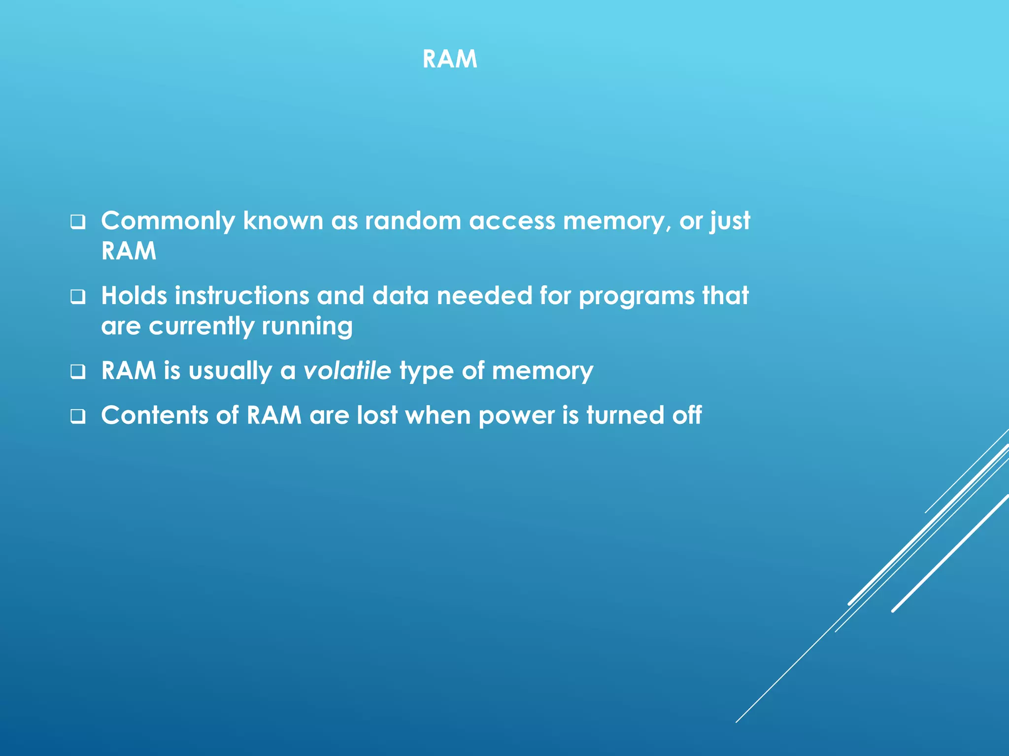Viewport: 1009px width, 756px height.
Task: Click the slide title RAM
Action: click(x=449, y=59)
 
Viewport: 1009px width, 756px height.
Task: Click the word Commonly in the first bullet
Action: click(x=168, y=221)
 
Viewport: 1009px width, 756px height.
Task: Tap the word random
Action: click(x=413, y=221)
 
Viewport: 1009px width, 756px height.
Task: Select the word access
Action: click(x=512, y=221)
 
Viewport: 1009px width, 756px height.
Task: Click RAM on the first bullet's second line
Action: click(x=129, y=251)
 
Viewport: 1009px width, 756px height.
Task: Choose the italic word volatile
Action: click(x=347, y=371)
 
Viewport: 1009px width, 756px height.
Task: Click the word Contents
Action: click(x=155, y=415)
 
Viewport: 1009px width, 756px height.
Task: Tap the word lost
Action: click(x=377, y=415)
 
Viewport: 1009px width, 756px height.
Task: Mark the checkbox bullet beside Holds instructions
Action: click(x=78, y=297)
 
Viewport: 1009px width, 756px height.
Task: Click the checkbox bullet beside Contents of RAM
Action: click(x=78, y=416)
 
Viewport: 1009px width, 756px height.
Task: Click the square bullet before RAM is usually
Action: click(x=78, y=372)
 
